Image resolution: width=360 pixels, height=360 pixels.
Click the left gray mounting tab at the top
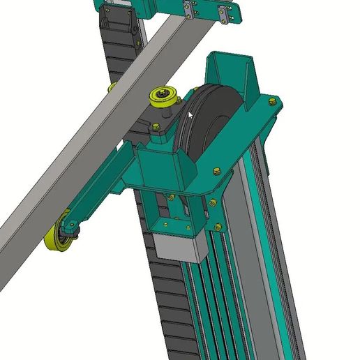pyautogui.click(x=188, y=10)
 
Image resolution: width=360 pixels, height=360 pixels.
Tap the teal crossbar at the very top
pyautogui.click(x=167, y=7)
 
